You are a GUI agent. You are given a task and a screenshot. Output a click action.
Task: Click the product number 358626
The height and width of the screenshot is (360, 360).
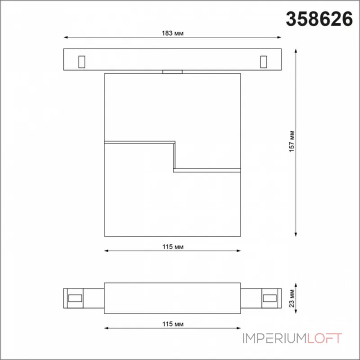(x=319, y=19)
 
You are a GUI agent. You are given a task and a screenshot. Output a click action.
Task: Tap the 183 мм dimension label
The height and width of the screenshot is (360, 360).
(x=173, y=33)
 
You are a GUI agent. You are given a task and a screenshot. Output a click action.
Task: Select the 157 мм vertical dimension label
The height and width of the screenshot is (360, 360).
(x=292, y=141)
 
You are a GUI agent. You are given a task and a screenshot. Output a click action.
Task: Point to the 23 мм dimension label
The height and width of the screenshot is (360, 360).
(x=292, y=298)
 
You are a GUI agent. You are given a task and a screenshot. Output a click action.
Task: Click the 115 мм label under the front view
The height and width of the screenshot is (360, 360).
(x=173, y=247)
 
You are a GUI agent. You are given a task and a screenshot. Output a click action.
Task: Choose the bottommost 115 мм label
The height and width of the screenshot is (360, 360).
(x=173, y=324)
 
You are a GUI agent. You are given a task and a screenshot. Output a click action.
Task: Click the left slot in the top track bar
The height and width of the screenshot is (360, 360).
(x=82, y=62)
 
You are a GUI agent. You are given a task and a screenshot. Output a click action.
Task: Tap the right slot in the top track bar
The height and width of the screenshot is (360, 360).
(x=264, y=62)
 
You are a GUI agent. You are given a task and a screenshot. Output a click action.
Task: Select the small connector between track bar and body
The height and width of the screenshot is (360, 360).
(x=172, y=72)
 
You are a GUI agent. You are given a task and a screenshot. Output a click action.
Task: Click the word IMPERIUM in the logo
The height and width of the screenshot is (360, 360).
(x=274, y=338)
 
